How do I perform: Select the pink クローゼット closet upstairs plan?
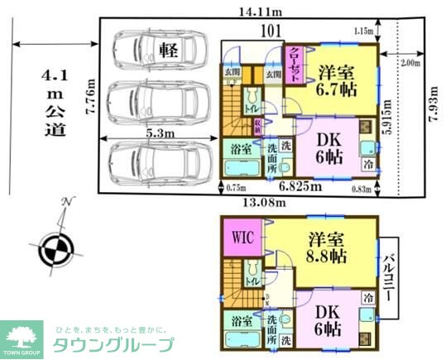coord(294,65)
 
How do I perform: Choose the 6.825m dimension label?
coord(300,186)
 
